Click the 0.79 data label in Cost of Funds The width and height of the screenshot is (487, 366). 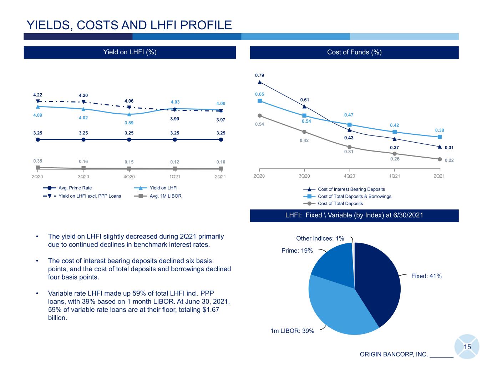click(x=259, y=75)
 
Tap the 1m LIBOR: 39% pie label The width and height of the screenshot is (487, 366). click(x=292, y=331)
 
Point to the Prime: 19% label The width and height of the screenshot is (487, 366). click(x=297, y=251)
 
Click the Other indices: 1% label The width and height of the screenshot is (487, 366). click(x=320, y=238)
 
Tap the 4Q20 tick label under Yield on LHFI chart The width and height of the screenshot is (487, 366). click(x=129, y=177)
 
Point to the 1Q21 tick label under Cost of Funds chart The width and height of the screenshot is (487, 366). click(x=395, y=176)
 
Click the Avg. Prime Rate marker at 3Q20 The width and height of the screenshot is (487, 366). click(x=83, y=139)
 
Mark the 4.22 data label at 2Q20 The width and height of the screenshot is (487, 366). click(x=37, y=95)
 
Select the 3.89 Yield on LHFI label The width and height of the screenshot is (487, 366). click(x=129, y=123)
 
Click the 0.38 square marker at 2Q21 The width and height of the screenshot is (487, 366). click(x=440, y=137)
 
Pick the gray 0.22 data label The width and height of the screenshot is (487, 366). click(x=449, y=160)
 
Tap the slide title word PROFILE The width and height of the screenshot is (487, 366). click(x=206, y=25)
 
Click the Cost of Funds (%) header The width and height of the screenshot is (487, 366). click(x=354, y=52)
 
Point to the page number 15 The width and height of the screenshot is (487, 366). click(x=467, y=347)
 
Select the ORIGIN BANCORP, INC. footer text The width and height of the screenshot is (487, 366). click(x=394, y=354)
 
